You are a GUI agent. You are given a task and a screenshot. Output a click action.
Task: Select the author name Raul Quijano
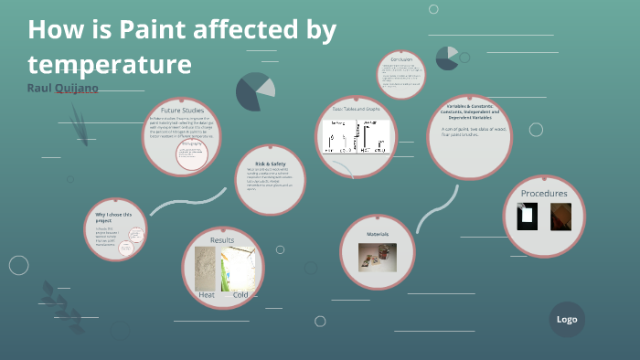click(62, 87)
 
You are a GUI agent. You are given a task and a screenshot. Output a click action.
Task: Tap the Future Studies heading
click(181, 110)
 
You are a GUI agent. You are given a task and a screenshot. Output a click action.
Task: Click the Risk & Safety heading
click(271, 164)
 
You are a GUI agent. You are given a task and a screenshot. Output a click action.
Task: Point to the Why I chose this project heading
click(114, 217)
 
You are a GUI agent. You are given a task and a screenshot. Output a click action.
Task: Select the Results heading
click(222, 240)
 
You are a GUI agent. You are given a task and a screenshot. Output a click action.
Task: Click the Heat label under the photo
click(207, 295)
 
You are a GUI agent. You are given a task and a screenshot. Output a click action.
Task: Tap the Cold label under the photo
click(240, 295)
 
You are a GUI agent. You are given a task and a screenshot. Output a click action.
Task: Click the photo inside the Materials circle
click(377, 256)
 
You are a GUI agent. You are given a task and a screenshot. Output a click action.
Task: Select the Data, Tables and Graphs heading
click(356, 110)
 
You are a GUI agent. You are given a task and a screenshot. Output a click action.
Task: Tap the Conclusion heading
click(401, 60)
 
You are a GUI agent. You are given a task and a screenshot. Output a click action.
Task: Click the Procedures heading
click(544, 193)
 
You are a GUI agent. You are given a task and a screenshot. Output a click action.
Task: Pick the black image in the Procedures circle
click(528, 217)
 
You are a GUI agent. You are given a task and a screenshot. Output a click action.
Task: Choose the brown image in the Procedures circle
click(560, 217)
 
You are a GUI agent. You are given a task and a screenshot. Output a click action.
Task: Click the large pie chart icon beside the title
click(256, 91)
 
